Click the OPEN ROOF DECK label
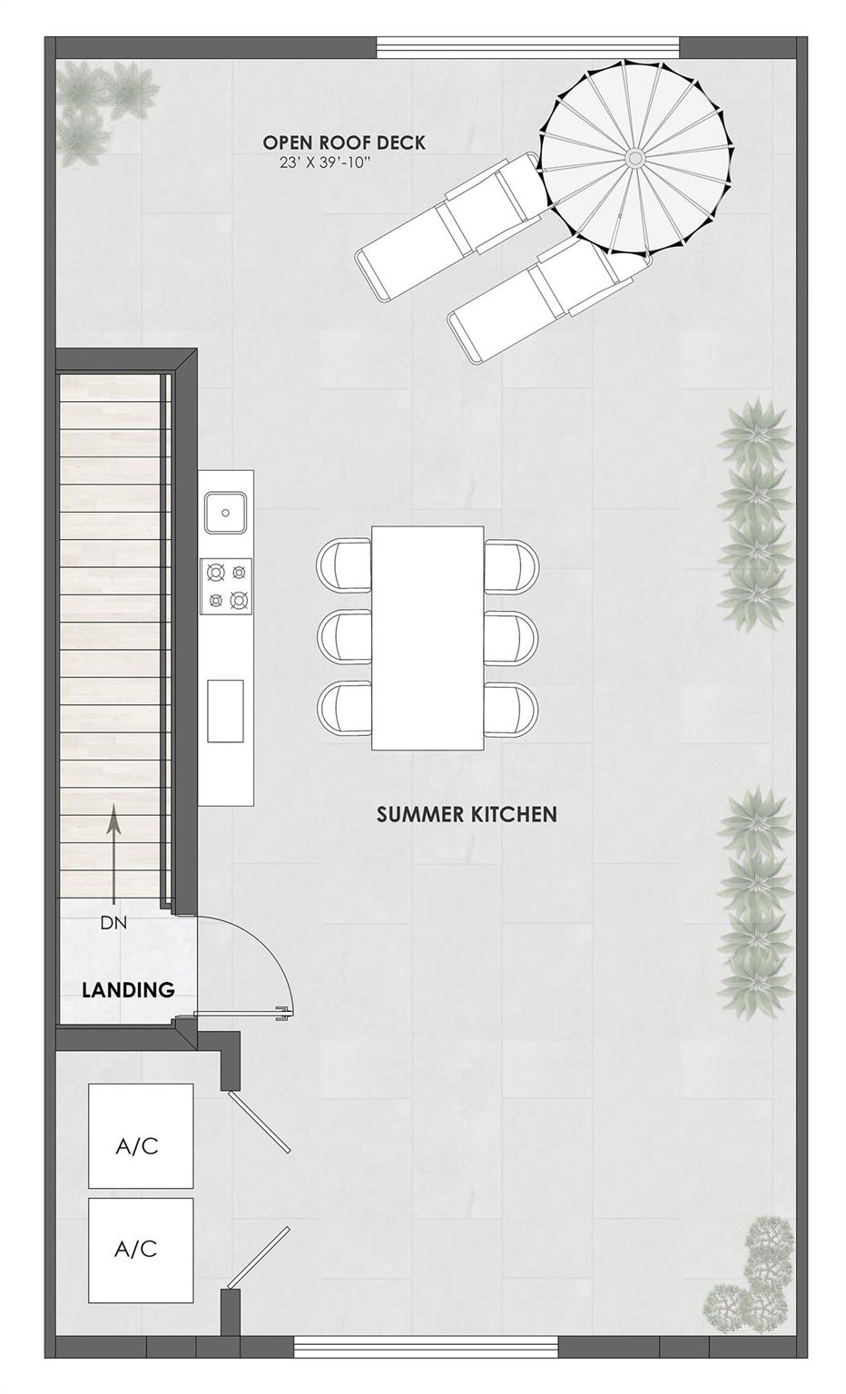tap(344, 142)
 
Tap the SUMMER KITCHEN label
tap(467, 814)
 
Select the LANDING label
tap(128, 989)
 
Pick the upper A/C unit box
tap(141, 1135)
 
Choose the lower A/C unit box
tap(141, 1250)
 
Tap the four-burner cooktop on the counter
tap(227, 585)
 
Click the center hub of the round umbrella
tap(635, 159)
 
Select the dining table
tap(428, 638)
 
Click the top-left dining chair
tap(344, 564)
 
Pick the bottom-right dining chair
tap(511, 709)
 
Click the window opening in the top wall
tap(527, 46)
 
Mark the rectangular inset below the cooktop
tap(225, 711)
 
